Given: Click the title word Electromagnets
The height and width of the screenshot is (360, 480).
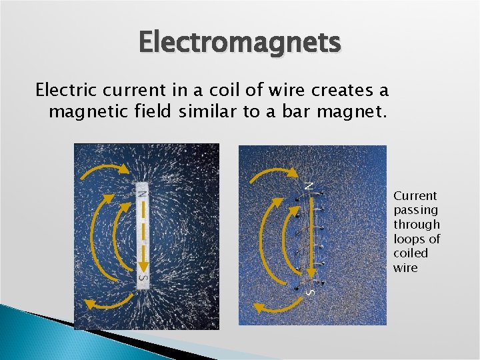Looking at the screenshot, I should tap(240, 43).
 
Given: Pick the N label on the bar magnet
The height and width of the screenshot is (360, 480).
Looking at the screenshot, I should tap(142, 193).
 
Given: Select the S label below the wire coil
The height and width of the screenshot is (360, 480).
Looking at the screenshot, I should tap(309, 290).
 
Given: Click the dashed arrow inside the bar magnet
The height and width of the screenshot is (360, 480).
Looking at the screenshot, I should tap(143, 233).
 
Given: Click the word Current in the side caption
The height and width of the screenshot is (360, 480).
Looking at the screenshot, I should tap(415, 195).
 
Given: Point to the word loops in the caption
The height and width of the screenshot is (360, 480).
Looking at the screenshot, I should tap(407, 239).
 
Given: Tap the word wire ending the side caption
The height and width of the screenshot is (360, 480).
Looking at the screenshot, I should tap(405, 268).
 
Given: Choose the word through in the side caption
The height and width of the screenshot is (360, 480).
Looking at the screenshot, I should tap(417, 225).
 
